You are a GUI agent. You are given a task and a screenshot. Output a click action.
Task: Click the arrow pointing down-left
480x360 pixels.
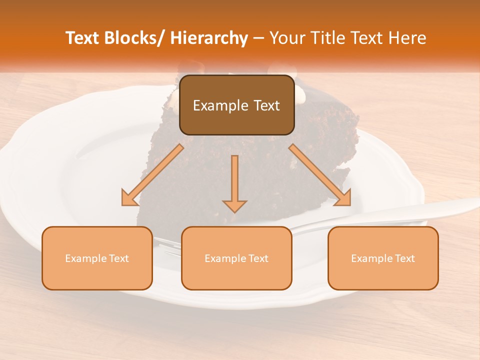pos(152,175)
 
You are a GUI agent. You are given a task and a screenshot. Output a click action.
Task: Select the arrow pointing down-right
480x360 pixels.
pos(319,175)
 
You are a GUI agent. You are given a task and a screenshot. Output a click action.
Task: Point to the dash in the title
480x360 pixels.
pos(258,38)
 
